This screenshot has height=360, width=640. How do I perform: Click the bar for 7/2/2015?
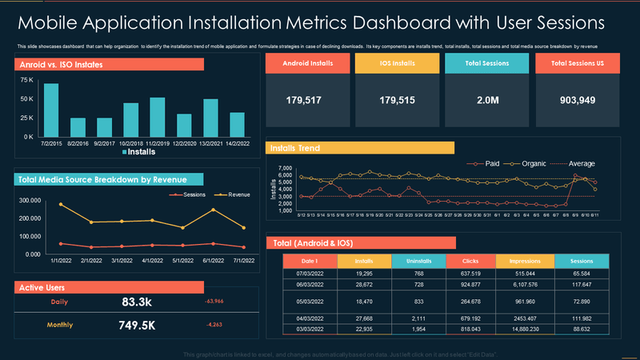coord(51,110)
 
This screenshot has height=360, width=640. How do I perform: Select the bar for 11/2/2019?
coord(158,117)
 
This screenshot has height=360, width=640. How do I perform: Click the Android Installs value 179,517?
coord(303,100)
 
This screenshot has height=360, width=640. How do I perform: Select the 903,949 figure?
coord(577,100)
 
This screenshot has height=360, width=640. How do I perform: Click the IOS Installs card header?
coord(397,62)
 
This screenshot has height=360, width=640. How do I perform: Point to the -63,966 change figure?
coord(214,302)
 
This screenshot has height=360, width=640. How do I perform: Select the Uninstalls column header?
coord(419,261)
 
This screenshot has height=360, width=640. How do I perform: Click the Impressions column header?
coord(526,261)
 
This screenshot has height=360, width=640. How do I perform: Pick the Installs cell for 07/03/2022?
coord(365,273)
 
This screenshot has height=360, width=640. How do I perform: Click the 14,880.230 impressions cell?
coord(526,328)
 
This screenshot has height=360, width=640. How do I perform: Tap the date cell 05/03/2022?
coord(310,301)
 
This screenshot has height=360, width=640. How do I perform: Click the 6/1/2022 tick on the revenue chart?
coord(213,260)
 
